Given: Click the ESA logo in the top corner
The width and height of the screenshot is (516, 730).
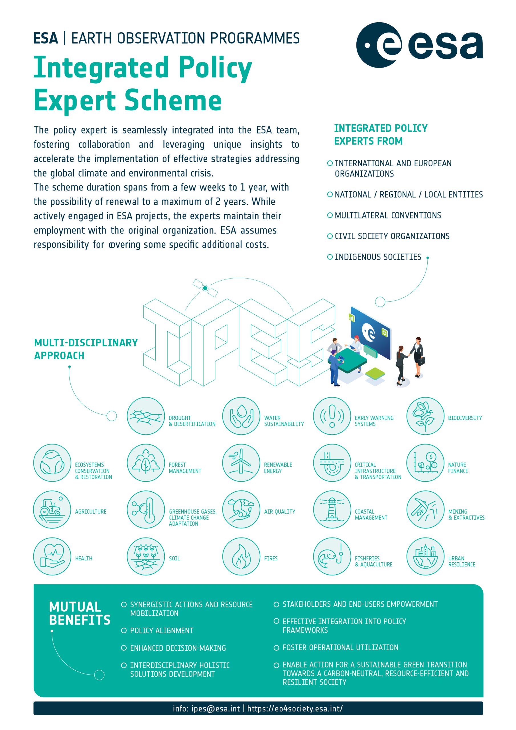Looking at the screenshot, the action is click(419, 45).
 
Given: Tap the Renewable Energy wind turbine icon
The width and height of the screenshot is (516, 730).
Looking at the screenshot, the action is click(241, 463).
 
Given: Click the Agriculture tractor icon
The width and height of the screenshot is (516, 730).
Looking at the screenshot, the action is click(52, 509).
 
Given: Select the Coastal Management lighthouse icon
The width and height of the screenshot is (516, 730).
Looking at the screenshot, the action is click(332, 509).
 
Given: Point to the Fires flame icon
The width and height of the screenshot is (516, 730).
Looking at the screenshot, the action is click(241, 556).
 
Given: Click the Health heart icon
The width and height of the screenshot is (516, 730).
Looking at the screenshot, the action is click(52, 556).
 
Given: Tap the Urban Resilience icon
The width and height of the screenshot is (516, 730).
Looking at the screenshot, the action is click(425, 556).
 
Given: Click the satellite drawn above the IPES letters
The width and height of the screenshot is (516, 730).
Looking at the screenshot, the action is click(205, 288).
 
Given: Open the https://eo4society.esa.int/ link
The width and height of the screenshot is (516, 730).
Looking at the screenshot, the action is click(295, 708).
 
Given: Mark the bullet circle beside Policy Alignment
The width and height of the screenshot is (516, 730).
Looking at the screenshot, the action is click(124, 630).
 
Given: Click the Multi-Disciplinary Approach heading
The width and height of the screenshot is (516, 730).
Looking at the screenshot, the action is click(86, 349).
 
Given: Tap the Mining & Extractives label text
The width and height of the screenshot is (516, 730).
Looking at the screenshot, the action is click(466, 514).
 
